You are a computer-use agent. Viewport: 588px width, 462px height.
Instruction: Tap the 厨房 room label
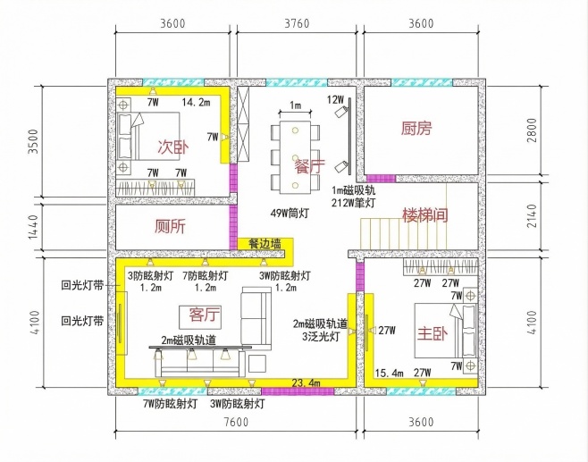(416, 129)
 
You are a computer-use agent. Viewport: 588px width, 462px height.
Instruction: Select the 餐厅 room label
(309, 165)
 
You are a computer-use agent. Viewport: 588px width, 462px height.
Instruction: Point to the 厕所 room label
(170, 226)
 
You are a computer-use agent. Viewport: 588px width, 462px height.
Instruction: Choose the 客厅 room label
(206, 315)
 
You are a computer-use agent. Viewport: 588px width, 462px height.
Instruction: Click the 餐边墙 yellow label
(265, 243)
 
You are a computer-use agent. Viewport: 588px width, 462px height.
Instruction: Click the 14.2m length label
(196, 104)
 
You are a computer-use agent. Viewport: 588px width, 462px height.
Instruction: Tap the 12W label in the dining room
(335, 98)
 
